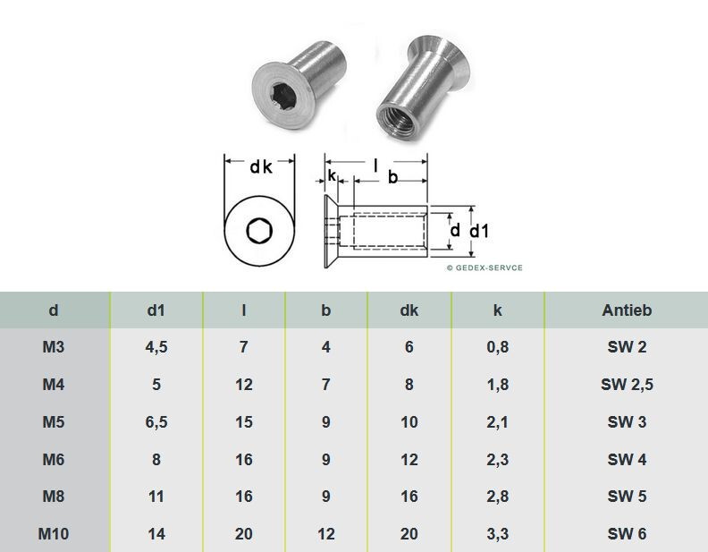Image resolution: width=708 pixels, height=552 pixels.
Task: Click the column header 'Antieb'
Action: [x=627, y=310]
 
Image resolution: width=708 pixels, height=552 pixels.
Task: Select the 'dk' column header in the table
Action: [x=409, y=310]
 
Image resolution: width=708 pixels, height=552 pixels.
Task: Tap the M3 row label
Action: [x=54, y=347]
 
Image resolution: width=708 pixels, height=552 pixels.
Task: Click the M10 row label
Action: [x=54, y=534]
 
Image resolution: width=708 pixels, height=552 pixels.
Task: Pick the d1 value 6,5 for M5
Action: [x=156, y=422]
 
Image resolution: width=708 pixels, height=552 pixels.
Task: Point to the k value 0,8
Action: [x=498, y=347]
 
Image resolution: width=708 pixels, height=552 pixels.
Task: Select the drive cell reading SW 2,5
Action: [x=627, y=385]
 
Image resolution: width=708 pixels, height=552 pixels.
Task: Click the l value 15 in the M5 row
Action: [x=244, y=422]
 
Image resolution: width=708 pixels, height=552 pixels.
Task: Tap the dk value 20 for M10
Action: [x=409, y=534]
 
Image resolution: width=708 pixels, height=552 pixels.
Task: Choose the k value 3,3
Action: [x=498, y=534]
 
